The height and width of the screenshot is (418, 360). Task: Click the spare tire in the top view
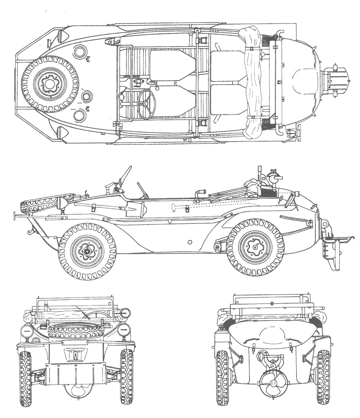pyautogui.click(x=50, y=84)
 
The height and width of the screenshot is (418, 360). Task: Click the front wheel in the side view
pyautogui.click(x=87, y=251)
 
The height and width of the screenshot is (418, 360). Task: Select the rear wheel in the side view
pyautogui.click(x=255, y=247)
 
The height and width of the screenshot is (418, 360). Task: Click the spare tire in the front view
pyautogui.click(x=76, y=331)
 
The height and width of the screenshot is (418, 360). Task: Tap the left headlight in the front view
pyautogui.click(x=27, y=332)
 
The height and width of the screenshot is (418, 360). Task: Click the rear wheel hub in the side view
pyautogui.click(x=255, y=247)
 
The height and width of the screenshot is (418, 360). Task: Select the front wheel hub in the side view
pyautogui.click(x=87, y=251)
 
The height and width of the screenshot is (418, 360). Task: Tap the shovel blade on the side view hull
pyautogui.click(x=137, y=209)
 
